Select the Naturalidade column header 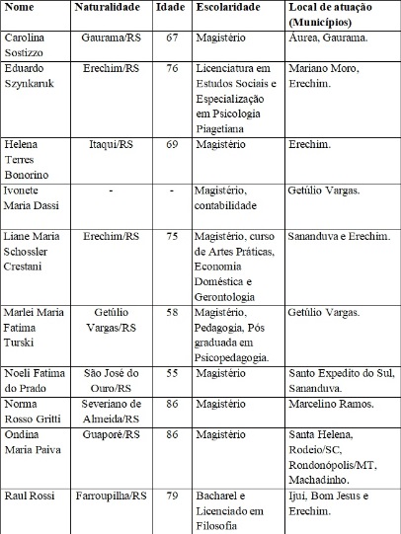[x=110, y=8]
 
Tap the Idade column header [x=171, y=8]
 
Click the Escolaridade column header [x=233, y=8]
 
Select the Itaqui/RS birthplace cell [x=110, y=145]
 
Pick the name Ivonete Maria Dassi [x=35, y=196]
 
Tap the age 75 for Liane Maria [x=171, y=238]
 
